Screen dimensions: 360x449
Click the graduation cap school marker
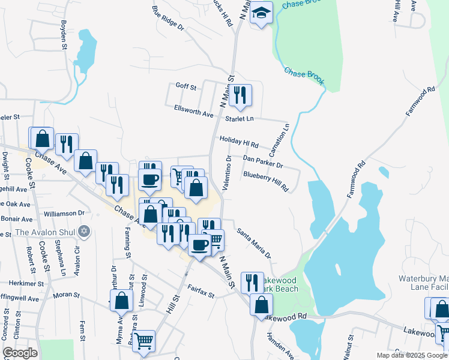click(x=262, y=13)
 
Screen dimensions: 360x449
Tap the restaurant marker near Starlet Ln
click(x=240, y=95)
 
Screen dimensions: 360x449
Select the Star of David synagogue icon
click(x=84, y=231)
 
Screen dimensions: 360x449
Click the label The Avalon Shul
click(x=47, y=232)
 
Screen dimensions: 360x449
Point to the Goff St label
click(x=185, y=87)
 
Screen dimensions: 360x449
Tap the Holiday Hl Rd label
click(x=238, y=142)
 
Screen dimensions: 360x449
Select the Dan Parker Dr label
click(x=262, y=161)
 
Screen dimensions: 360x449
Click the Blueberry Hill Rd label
click(x=266, y=181)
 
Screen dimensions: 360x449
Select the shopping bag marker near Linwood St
click(x=121, y=301)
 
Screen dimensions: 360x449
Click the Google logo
click(x=20, y=353)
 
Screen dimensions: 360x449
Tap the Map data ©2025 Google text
click(x=411, y=355)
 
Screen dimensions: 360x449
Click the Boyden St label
click(x=63, y=34)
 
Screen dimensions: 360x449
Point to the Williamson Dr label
click(x=65, y=213)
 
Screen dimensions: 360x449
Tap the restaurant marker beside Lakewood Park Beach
click(x=252, y=283)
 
